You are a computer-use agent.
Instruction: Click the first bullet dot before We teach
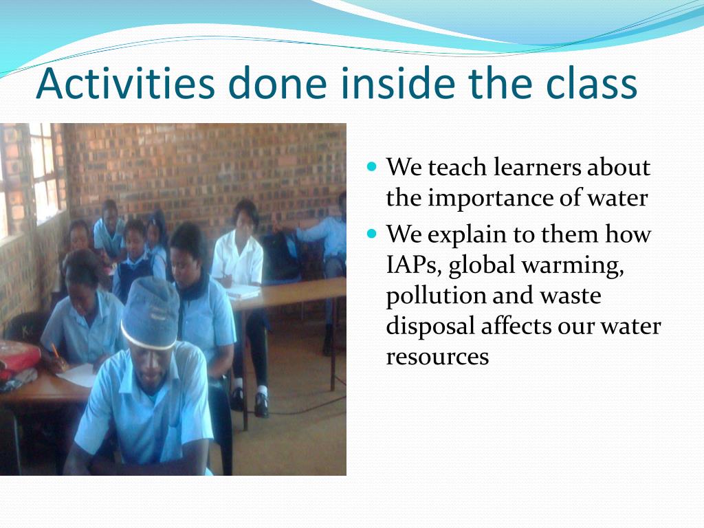(373, 166)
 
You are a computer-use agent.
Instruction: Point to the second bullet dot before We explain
(373, 234)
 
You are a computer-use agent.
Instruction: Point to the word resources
(437, 357)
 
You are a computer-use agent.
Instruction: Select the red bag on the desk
(18, 357)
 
